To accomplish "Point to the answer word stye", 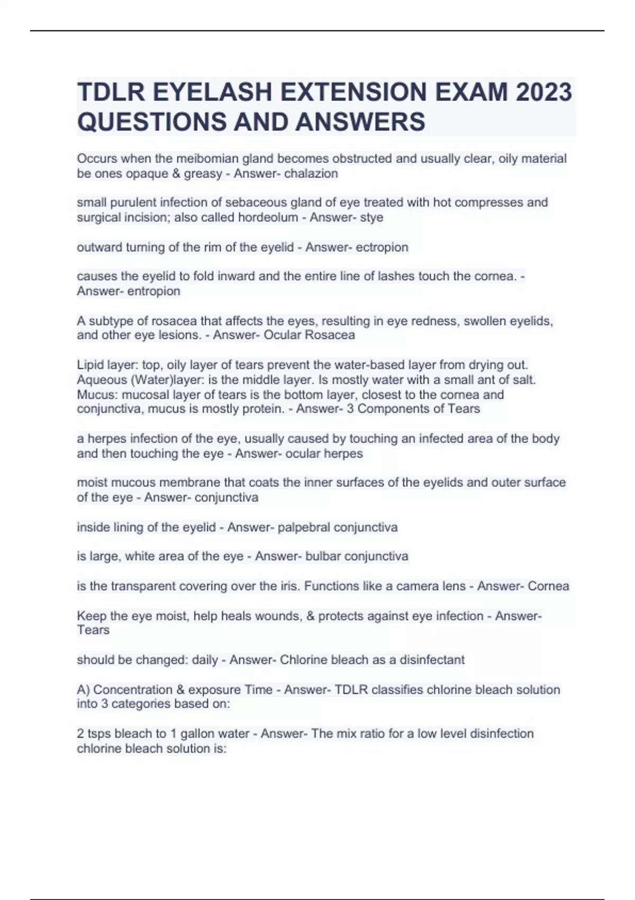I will (x=371, y=218).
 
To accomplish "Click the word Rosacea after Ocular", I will (x=332, y=335).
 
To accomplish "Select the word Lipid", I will (x=90, y=365).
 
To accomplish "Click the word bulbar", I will (x=323, y=556).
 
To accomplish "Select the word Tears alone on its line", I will (x=93, y=630).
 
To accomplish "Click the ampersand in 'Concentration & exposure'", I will (x=176, y=690).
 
